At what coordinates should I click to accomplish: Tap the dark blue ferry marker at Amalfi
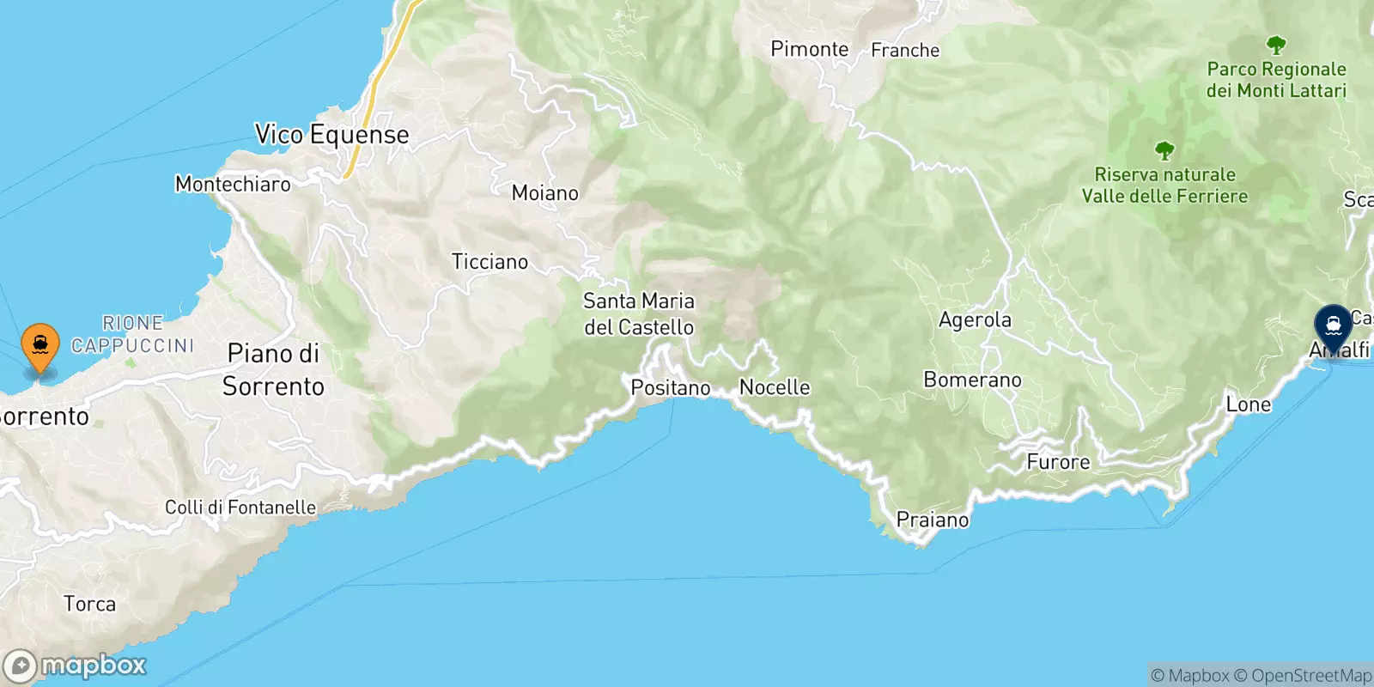pyautogui.click(x=1334, y=326)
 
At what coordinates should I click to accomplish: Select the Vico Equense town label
pyautogui.click(x=331, y=135)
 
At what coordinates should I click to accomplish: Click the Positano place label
pyautogui.click(x=671, y=388)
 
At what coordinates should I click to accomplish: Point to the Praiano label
pyautogui.click(x=933, y=520)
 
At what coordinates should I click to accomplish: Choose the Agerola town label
pyautogui.click(x=975, y=320)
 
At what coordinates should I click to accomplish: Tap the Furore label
pyautogui.click(x=1058, y=462)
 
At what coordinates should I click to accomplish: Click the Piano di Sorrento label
pyautogui.click(x=273, y=369)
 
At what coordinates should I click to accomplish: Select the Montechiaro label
pyautogui.click(x=233, y=184)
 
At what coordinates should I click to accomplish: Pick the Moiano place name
pyautogui.click(x=545, y=193)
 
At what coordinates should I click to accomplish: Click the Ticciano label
pyautogui.click(x=489, y=262)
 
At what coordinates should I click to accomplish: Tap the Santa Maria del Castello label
pyautogui.click(x=639, y=314)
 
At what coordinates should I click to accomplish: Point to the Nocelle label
pyautogui.click(x=775, y=387)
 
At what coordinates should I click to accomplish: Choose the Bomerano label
pyautogui.click(x=972, y=380)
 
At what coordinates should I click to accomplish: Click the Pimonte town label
pyautogui.click(x=809, y=49)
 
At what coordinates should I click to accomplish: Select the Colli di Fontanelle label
pyautogui.click(x=240, y=508)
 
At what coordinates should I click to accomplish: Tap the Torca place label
pyautogui.click(x=89, y=604)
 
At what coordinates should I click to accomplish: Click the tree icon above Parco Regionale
pyautogui.click(x=1276, y=45)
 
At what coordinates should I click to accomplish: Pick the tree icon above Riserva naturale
pyautogui.click(x=1164, y=151)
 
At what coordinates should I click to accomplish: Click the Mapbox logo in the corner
pyautogui.click(x=76, y=666)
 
